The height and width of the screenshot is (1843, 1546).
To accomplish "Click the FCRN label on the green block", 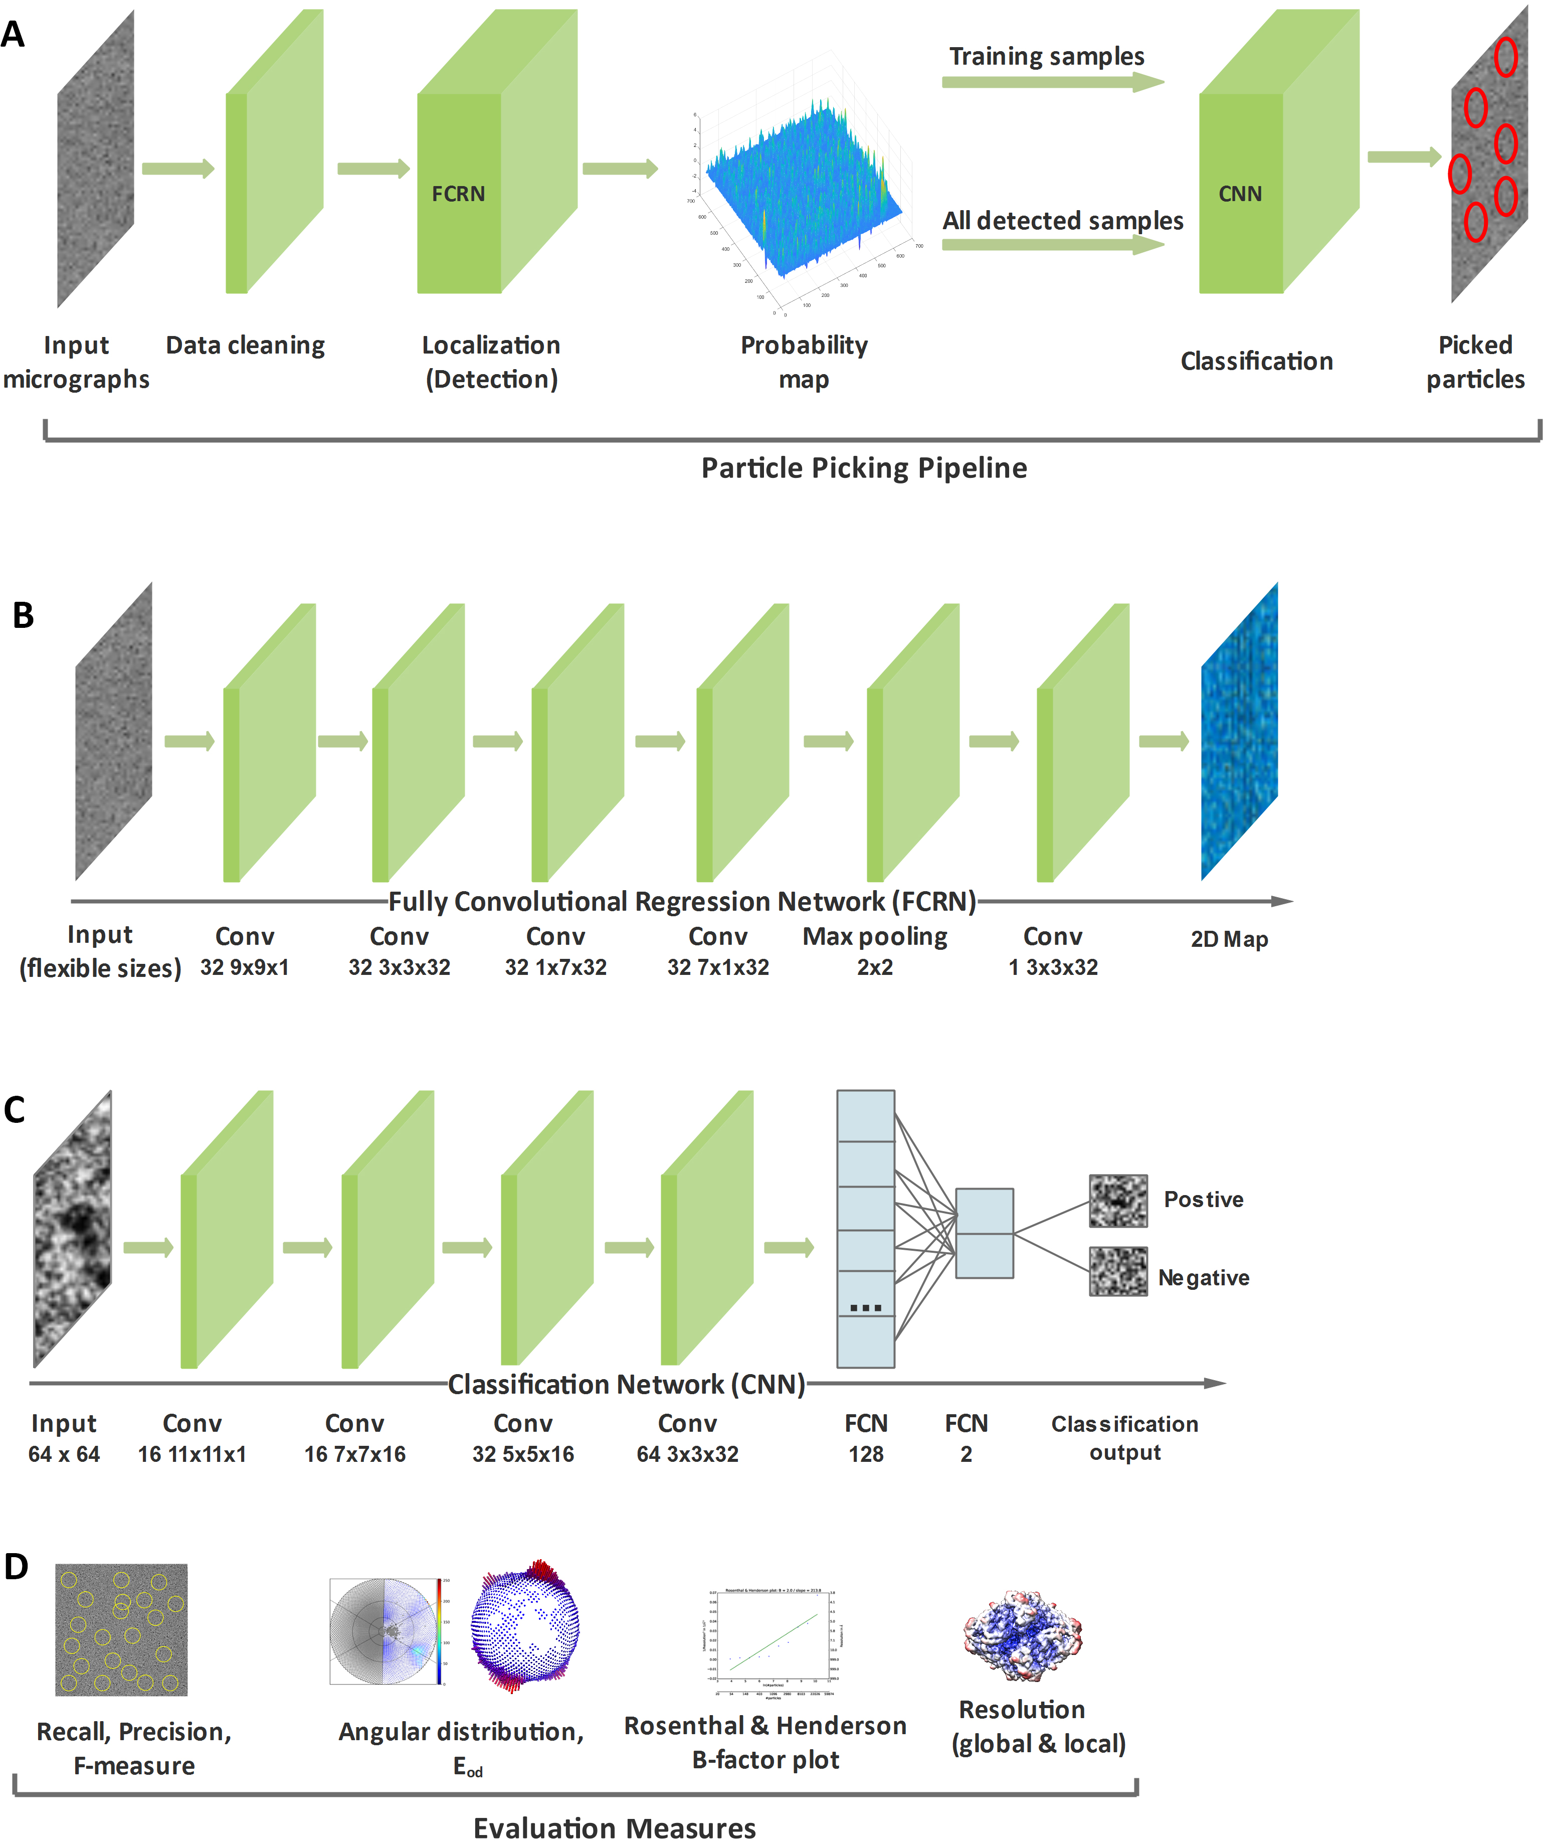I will (458, 194).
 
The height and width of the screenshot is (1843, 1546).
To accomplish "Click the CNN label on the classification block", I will (1240, 194).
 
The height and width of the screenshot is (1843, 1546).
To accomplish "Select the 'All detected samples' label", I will (1063, 221).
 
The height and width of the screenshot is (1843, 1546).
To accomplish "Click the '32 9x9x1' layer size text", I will (244, 967).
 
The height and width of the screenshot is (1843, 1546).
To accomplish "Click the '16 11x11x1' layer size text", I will (192, 1454).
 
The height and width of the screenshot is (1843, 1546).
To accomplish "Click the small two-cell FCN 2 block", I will (984, 1233).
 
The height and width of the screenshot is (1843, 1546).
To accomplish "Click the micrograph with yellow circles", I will (121, 1630).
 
